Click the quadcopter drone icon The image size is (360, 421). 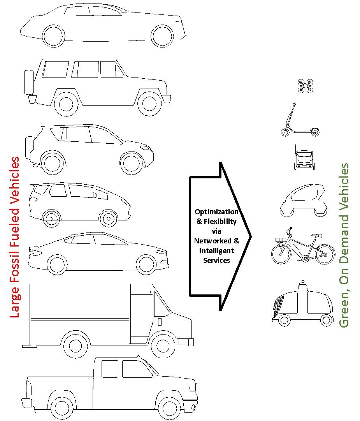[306, 86]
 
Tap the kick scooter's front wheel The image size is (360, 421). [285, 132]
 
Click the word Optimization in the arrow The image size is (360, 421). [216, 212]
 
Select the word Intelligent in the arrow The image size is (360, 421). [216, 250]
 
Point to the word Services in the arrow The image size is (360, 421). [216, 261]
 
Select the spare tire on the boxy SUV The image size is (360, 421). [29, 82]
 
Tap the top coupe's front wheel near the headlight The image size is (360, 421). [162, 36]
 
